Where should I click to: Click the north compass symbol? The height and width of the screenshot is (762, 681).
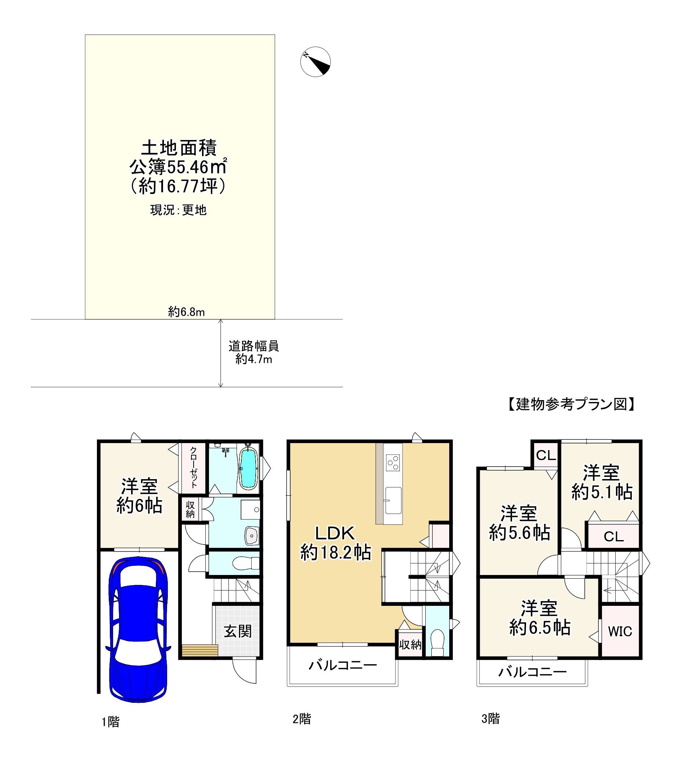tap(315, 62)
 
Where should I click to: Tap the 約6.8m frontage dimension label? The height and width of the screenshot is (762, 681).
tap(186, 312)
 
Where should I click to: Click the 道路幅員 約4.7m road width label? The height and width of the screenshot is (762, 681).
tap(254, 352)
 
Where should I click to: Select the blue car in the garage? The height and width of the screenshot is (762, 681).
tap(138, 629)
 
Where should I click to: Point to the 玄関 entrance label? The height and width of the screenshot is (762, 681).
tap(238, 632)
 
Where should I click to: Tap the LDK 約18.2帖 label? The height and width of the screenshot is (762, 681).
tap(336, 543)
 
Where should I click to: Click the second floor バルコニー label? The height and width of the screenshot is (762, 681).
tap(342, 665)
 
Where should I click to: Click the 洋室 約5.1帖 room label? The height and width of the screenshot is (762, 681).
tap(602, 483)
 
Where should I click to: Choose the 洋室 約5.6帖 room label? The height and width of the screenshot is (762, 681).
tap(519, 523)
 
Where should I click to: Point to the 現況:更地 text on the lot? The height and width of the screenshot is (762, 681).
tap(178, 210)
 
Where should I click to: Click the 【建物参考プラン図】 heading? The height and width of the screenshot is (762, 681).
tap(571, 404)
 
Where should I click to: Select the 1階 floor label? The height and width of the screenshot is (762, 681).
tap(111, 722)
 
